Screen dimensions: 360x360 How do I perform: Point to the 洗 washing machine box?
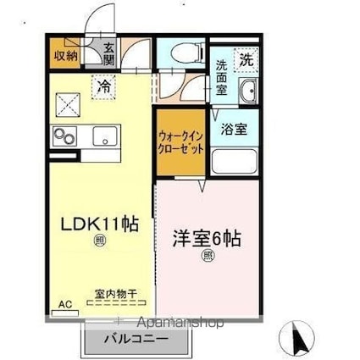click(x=245, y=60)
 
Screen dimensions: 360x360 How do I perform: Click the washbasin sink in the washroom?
click(x=248, y=93)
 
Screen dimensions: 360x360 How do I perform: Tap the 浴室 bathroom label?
click(x=234, y=130)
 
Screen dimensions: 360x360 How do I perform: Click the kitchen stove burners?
click(x=64, y=135)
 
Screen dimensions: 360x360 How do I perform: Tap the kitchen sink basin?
click(x=105, y=135)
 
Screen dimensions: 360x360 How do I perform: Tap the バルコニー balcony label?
click(x=136, y=339)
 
